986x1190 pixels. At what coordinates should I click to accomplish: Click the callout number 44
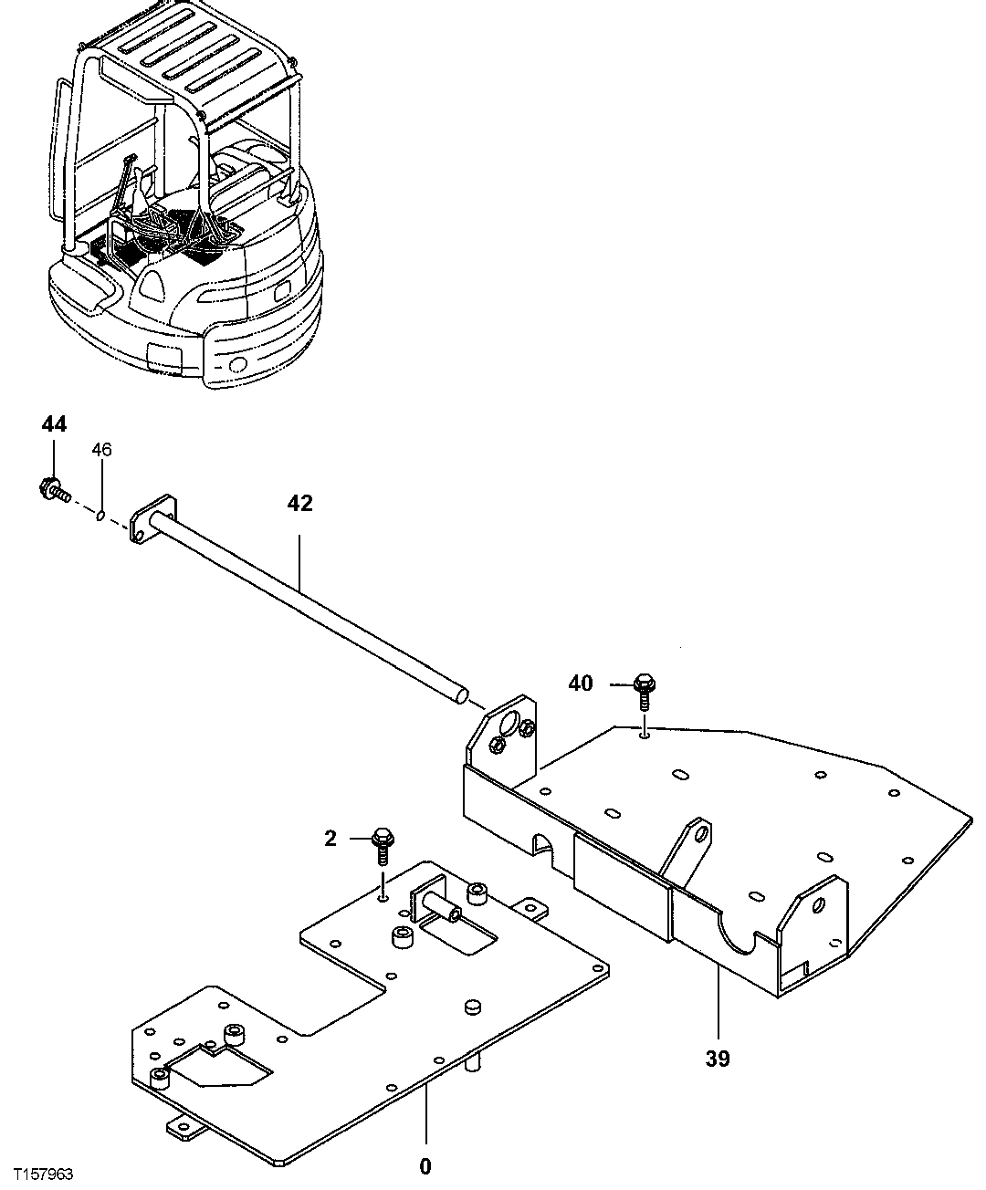(x=54, y=423)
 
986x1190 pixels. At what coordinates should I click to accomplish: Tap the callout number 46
(x=101, y=450)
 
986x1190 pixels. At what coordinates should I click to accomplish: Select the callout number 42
(x=299, y=503)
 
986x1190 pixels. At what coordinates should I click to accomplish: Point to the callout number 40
(x=581, y=683)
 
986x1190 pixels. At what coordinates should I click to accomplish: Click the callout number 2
(x=330, y=837)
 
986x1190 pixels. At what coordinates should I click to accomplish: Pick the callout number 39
(x=718, y=1060)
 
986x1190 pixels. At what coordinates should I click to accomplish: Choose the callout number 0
(x=425, y=1165)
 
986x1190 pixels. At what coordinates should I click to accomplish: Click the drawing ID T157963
(x=38, y=1174)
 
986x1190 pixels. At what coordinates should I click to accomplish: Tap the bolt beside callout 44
(x=54, y=490)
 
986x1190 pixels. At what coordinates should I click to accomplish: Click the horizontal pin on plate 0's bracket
(x=443, y=906)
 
